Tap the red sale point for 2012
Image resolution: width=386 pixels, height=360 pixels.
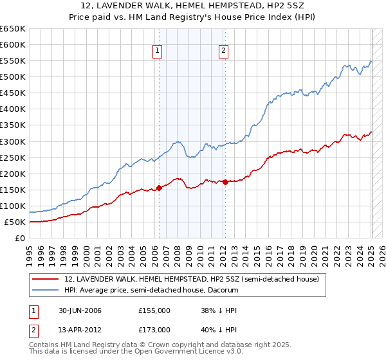click(x=225, y=182)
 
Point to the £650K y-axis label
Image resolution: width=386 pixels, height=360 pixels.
click(x=13, y=29)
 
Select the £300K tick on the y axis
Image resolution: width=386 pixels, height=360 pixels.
click(x=13, y=141)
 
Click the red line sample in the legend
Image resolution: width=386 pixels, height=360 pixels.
click(x=46, y=279)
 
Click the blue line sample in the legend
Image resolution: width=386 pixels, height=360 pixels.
click(x=46, y=290)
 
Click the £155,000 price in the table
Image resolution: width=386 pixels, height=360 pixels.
click(x=154, y=310)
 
